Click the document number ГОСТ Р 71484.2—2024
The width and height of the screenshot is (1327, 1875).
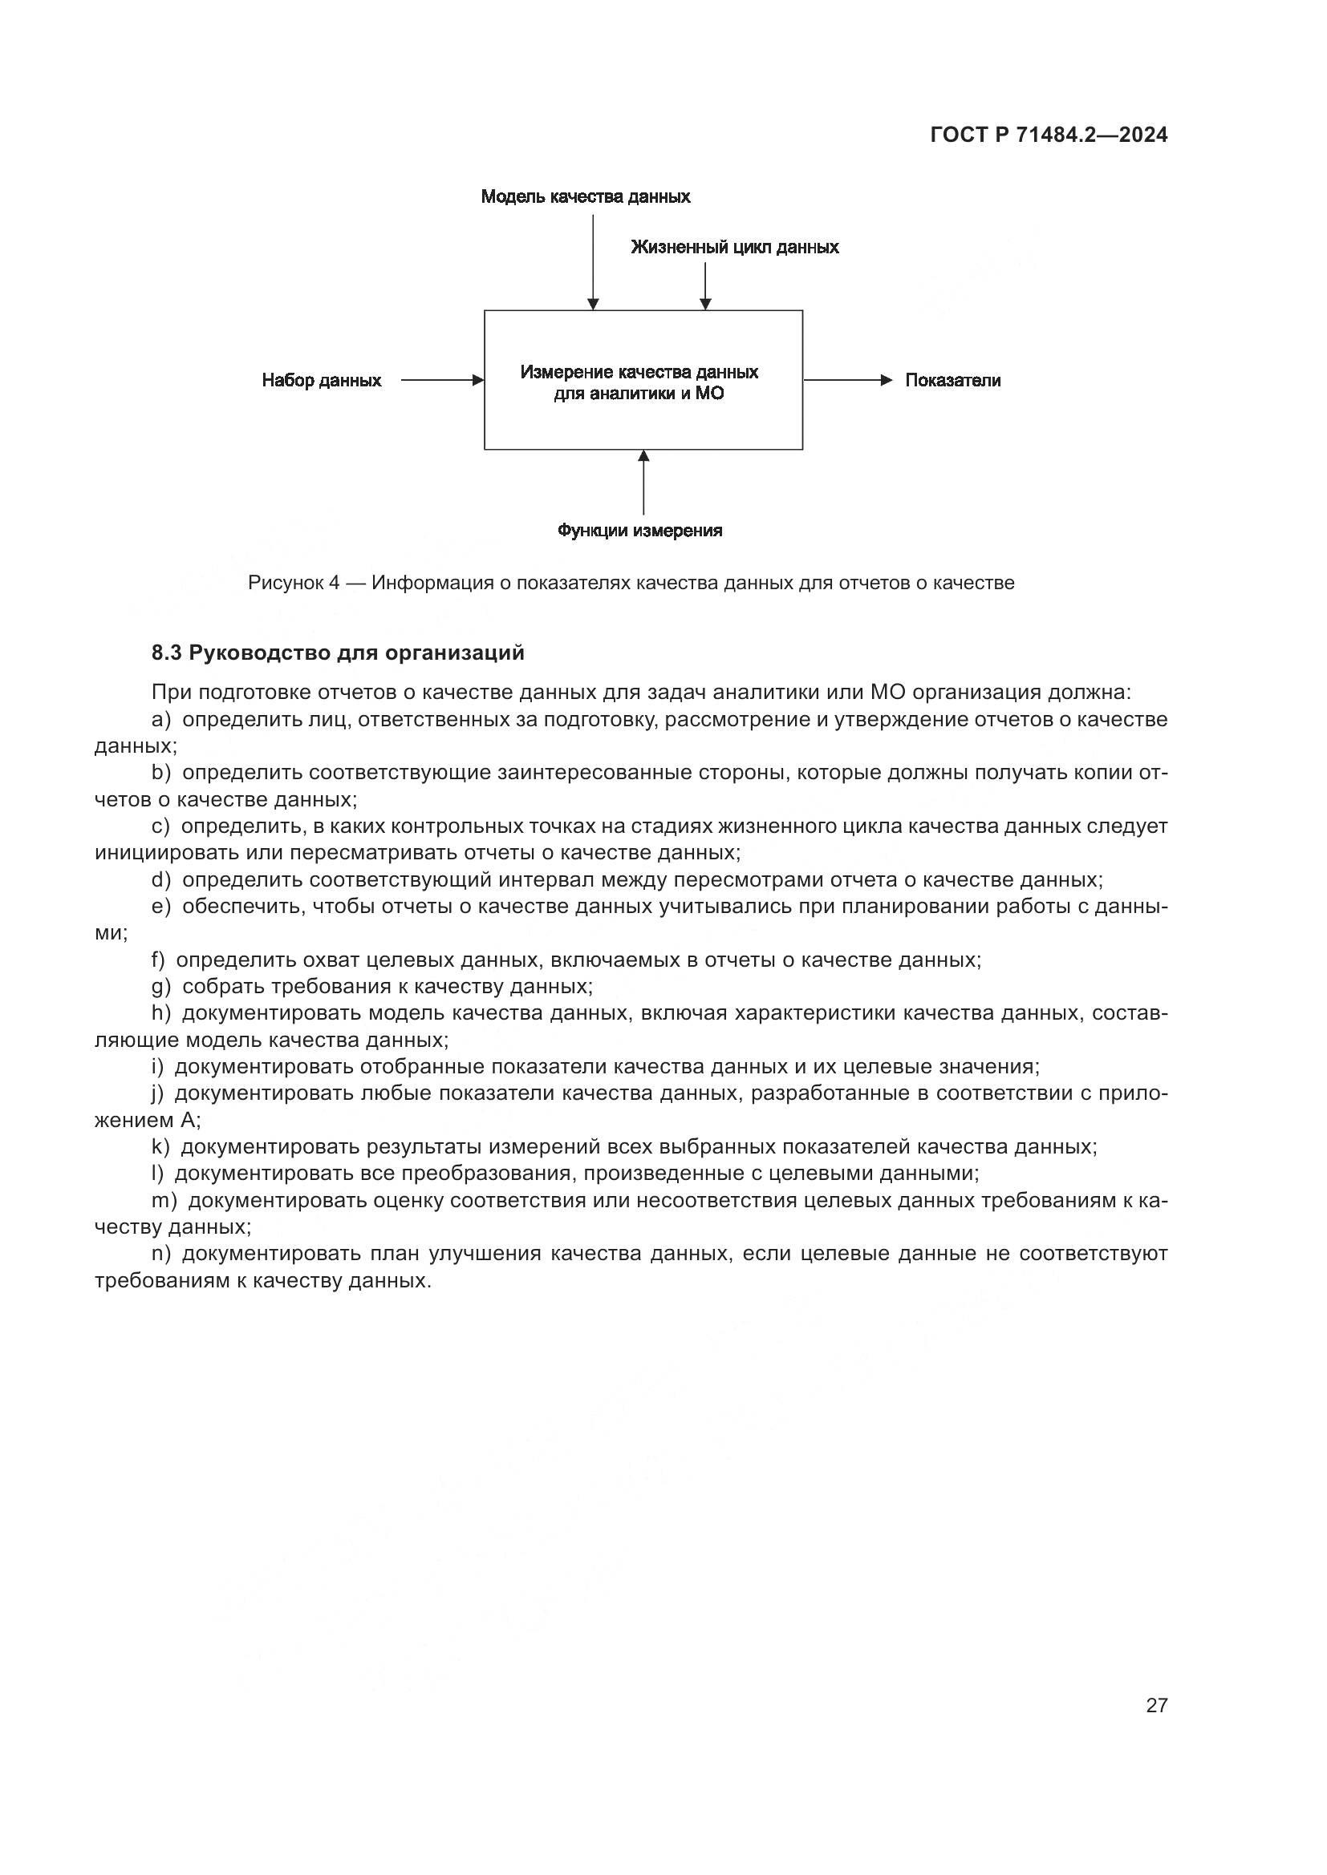[1049, 135]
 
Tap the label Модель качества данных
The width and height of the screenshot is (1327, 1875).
[585, 197]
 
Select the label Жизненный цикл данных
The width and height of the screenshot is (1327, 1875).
[735, 247]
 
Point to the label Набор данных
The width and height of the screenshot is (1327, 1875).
[321, 381]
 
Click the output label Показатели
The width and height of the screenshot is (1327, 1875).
[953, 381]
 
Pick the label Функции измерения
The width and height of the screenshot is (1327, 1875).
[639, 531]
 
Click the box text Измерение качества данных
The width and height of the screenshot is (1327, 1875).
[639, 373]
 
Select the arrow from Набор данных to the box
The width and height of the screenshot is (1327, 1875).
[442, 381]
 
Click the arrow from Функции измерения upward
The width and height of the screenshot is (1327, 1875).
[644, 483]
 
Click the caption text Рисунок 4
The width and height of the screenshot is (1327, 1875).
[294, 583]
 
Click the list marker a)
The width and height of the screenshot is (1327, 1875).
[161, 719]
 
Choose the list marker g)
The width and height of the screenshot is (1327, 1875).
[161, 987]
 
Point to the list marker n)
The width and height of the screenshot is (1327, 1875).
[161, 1254]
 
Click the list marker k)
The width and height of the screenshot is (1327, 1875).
[160, 1146]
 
